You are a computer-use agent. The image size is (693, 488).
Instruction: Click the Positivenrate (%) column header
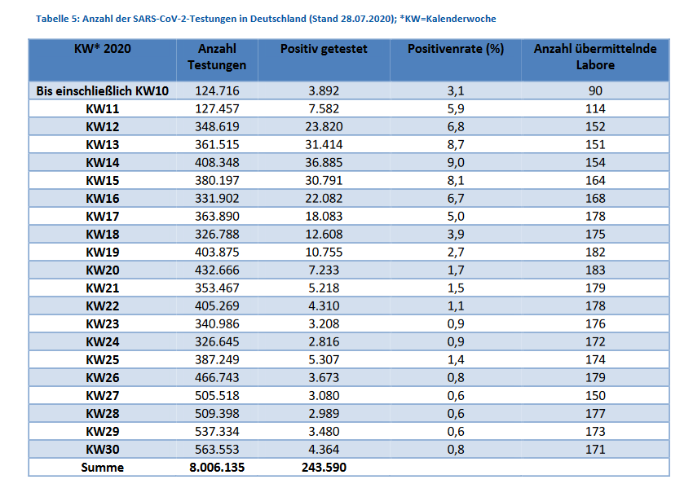(x=456, y=49)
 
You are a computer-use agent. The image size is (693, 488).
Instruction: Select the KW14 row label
(x=103, y=162)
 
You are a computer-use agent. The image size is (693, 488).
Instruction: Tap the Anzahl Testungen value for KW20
(x=217, y=270)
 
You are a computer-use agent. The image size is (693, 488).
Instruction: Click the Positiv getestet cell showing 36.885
(x=324, y=162)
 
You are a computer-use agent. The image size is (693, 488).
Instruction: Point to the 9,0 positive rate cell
(x=456, y=162)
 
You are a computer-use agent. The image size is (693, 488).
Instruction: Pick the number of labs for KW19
(x=595, y=253)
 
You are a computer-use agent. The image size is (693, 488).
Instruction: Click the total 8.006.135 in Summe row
(x=217, y=468)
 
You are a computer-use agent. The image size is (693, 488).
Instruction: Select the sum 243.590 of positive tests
(x=324, y=468)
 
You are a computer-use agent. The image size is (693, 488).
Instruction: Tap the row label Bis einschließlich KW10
(x=103, y=91)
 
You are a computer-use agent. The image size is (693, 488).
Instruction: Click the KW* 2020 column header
(x=103, y=49)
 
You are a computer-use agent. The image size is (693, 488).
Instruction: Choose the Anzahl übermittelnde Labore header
(x=595, y=56)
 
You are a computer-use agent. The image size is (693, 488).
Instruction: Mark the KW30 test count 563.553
(x=217, y=449)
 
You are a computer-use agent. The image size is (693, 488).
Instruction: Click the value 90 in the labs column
(x=595, y=91)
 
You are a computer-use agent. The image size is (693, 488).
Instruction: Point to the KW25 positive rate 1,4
(x=456, y=359)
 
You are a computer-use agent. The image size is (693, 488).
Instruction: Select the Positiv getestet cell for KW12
(x=324, y=127)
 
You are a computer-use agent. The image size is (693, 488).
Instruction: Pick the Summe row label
(x=103, y=468)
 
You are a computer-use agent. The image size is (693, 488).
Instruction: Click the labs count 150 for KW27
(x=595, y=395)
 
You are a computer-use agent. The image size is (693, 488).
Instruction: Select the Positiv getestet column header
(x=324, y=49)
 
